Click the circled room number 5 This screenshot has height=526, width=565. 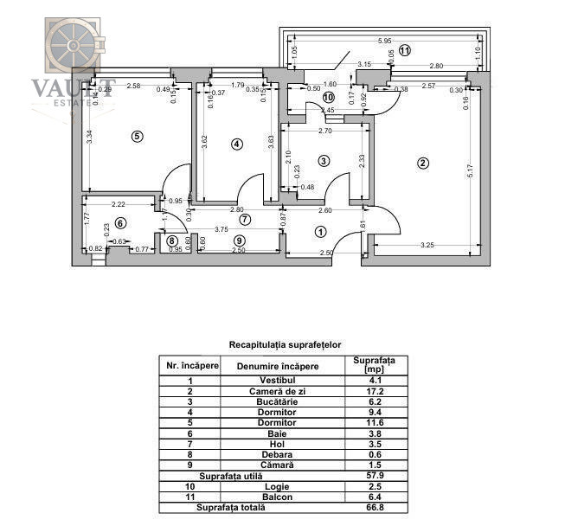[x=135, y=136]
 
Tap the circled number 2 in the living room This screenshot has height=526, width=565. [x=422, y=163]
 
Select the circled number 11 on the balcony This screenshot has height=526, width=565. [x=405, y=51]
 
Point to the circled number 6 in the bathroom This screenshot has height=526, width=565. [x=120, y=223]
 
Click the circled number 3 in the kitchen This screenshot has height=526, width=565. [x=324, y=160]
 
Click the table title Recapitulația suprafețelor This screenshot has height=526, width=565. [x=281, y=344]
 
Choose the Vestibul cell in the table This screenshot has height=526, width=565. [x=283, y=380]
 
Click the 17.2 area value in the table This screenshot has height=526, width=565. [x=375, y=392]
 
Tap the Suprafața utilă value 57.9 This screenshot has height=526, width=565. [x=375, y=476]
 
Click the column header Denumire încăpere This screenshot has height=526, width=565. [x=283, y=365]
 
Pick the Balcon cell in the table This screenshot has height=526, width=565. [x=283, y=498]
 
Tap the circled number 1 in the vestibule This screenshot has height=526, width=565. [x=320, y=231]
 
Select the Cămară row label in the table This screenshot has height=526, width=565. [x=283, y=464]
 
